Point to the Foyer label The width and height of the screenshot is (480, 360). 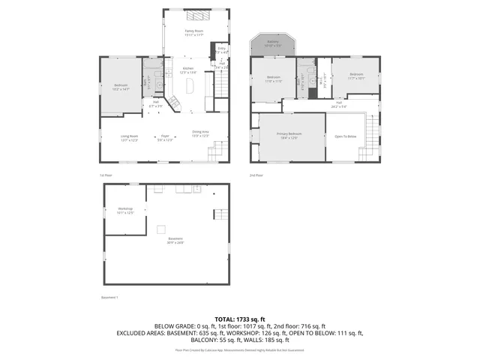[164, 138]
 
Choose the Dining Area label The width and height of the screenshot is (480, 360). [200, 133]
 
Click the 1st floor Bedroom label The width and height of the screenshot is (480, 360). [121, 86]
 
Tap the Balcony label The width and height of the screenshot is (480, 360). [273, 43]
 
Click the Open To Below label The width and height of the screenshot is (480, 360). [345, 136]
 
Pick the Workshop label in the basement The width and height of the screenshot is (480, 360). [125, 210]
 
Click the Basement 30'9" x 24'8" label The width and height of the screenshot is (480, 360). [175, 240]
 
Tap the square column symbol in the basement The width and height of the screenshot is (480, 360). [160, 229]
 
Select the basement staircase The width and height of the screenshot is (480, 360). [221, 214]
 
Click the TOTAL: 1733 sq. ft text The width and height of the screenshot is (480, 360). [239, 319]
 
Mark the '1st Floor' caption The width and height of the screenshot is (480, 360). [106, 175]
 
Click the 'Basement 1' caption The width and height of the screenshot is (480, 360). [109, 297]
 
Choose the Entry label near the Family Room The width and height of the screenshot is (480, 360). [221, 49]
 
